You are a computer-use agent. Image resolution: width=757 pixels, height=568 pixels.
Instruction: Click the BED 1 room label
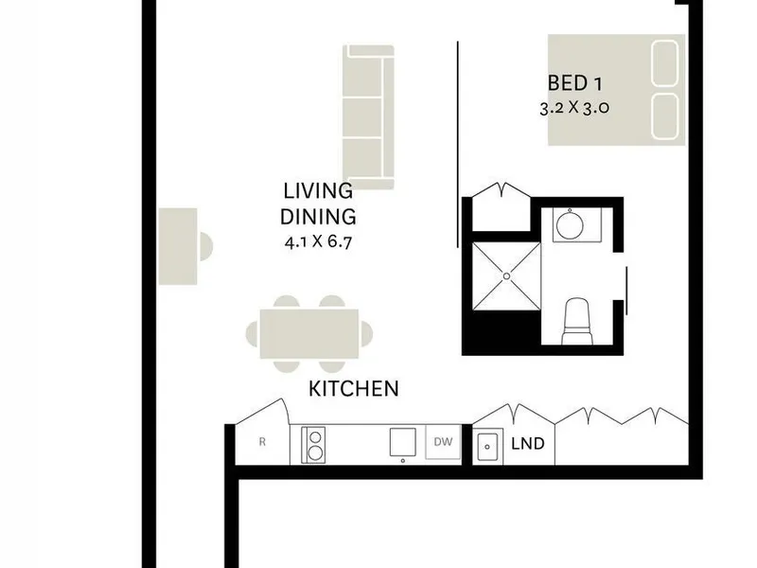pos(574,83)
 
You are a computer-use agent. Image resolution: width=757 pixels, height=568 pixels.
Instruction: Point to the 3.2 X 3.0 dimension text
pos(574,108)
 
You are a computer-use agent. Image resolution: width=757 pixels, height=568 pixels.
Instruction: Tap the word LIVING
pos(318,191)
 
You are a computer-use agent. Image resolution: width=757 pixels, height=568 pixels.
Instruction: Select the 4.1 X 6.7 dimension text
pos(318,241)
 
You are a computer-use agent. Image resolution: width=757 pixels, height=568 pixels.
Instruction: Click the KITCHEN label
pos(354,389)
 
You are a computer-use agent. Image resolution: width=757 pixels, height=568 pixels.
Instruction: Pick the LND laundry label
pos(528,443)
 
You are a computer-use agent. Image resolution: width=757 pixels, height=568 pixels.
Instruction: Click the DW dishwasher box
pos(443,442)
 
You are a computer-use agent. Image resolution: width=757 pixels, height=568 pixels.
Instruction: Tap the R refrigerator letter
pos(262,442)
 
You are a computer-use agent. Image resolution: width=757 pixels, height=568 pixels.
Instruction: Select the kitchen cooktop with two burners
pos(313,445)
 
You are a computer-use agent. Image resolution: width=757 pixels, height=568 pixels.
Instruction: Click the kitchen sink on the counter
pos(403,441)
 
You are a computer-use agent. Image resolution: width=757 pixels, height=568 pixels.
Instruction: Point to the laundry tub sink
pos(487,447)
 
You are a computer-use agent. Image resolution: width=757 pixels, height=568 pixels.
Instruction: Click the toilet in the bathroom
pos(577,321)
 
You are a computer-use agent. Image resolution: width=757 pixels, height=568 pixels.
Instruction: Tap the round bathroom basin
pos(570,225)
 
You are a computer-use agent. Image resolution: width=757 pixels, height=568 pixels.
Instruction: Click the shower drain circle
pos(506,276)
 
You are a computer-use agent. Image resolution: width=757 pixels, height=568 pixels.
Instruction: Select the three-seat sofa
pos(368,116)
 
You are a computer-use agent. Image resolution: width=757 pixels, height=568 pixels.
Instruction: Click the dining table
pos(309,334)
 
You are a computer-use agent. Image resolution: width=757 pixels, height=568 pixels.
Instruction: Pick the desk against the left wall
pos(178,246)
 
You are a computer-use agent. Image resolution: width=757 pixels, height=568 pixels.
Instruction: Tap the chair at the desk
pos(206,246)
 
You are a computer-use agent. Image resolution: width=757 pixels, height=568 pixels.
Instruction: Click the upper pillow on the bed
pos(665,63)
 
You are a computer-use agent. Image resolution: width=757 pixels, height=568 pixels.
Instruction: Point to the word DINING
pos(318,217)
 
